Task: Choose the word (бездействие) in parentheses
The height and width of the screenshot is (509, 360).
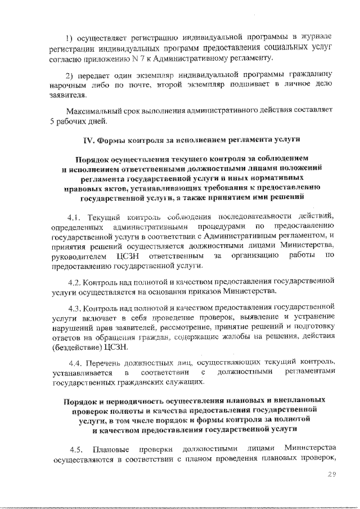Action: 78,348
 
